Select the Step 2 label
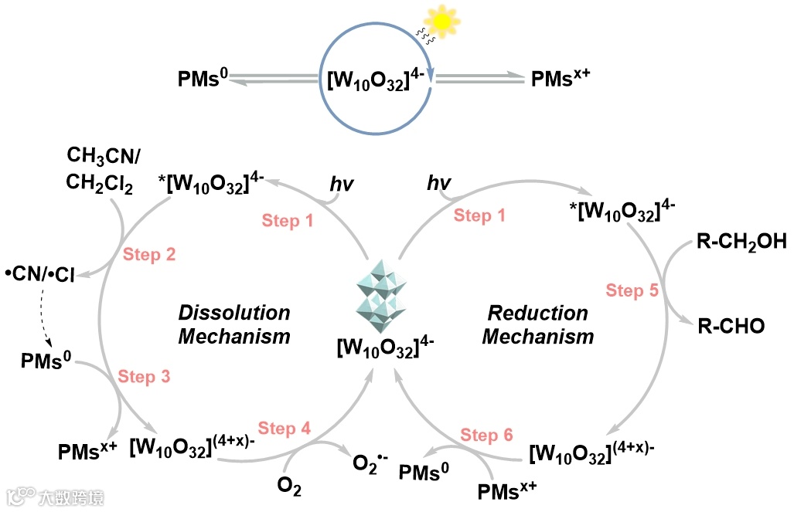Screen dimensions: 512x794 [149, 256]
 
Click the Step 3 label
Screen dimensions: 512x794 [144, 377]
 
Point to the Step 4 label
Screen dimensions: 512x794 [285, 429]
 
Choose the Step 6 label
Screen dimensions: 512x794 [487, 435]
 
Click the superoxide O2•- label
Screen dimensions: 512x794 [370, 463]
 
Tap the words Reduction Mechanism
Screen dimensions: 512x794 [538, 324]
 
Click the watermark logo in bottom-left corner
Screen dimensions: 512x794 [54, 497]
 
